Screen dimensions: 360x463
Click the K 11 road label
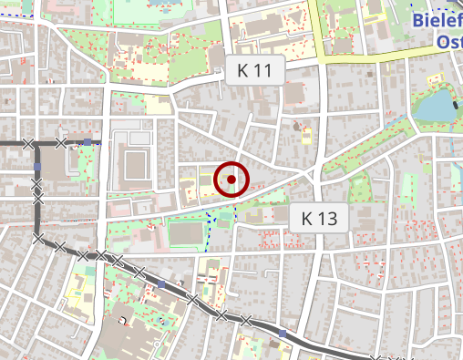click(x=255, y=69)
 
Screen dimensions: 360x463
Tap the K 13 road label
click(x=319, y=218)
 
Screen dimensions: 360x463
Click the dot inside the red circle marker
click(x=231, y=180)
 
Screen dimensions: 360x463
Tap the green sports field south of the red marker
click(x=187, y=234)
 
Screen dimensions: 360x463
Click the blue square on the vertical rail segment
click(x=37, y=168)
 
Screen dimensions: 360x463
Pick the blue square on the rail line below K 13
click(x=283, y=334)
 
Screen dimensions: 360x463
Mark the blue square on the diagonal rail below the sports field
click(x=161, y=284)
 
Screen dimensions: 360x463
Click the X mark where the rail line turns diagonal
click(x=38, y=239)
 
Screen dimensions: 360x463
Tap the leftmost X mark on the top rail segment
click(x=29, y=143)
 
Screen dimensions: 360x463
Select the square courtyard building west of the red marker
click(x=135, y=165)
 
